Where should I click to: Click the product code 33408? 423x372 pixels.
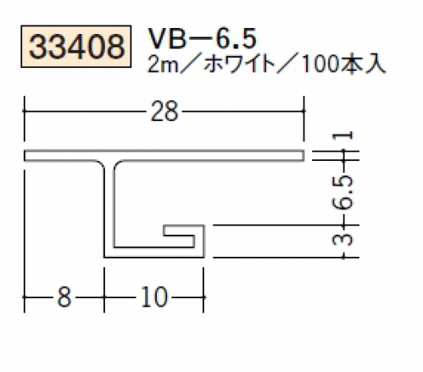pos(76,47)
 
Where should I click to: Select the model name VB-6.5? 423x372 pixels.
pos(203,39)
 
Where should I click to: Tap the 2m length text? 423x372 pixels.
pos(159,66)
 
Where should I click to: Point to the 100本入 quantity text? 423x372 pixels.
pos(343,66)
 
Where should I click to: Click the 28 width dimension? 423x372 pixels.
pos(164,112)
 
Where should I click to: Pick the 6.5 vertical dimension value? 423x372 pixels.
pos(343,192)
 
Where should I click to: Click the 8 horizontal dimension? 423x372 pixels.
pos(64,297)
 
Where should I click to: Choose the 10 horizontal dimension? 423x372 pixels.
pos(154,297)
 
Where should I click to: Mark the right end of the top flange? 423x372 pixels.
pos(303,156)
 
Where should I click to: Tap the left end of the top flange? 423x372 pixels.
pos(25,156)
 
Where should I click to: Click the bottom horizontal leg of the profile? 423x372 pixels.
pos(154,253)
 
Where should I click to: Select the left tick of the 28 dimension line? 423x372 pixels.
pos(25,111)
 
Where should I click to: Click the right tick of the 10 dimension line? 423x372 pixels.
pos(203,297)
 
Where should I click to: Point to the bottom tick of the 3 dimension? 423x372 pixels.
pos(344,258)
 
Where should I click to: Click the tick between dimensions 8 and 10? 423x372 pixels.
pos(104,297)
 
